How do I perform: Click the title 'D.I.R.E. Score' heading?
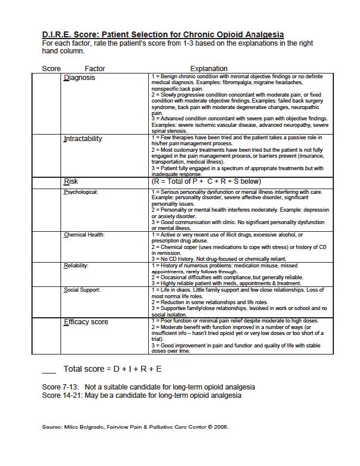[163, 34]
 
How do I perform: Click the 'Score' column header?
[52, 69]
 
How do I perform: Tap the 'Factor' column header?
[95, 69]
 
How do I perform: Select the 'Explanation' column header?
[209, 69]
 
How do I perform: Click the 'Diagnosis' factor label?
[79, 78]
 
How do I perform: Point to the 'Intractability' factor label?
[82, 139]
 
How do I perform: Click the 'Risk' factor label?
[71, 181]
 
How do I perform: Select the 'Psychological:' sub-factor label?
[81, 192]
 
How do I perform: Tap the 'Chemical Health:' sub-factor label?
[84, 235]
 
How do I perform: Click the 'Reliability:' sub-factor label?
[76, 266]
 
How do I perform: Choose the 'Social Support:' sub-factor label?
[82, 290]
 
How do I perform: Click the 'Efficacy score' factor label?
[86, 322]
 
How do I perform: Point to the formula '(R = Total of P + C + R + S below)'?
[206, 181]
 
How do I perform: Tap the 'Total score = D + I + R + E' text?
[112, 369]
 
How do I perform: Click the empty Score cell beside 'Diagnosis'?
[46, 104]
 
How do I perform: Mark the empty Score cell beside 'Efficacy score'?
[46, 336]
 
